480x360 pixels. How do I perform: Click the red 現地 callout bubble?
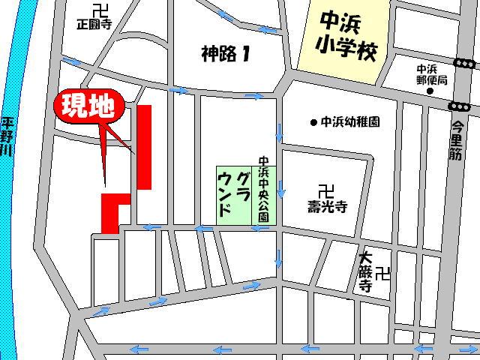coord(87,107)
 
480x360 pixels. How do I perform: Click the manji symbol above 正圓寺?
coord(97,10)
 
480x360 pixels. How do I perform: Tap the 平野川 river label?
coord(7,135)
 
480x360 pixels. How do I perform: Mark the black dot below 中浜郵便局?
coord(430,91)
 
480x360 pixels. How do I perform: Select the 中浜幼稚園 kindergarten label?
coord(350,121)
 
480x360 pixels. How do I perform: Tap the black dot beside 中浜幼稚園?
coord(313,121)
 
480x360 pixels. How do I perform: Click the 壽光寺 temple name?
coord(325,204)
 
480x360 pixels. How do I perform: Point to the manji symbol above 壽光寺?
coord(325,190)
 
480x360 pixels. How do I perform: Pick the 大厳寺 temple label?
coord(366,271)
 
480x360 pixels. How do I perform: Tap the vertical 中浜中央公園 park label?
coord(263,187)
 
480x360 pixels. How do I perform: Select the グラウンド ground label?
coord(233,193)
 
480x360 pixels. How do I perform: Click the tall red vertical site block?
coord(145,146)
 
